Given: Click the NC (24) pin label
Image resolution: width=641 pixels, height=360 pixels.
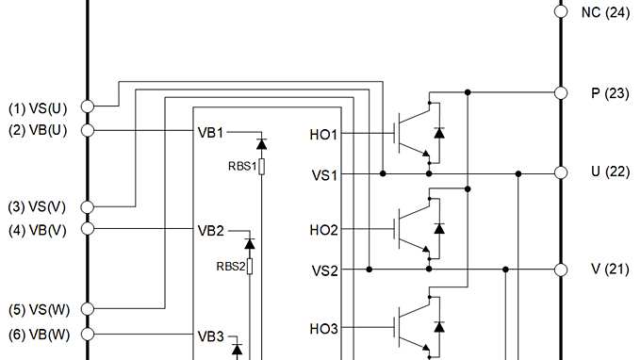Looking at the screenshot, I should tap(604, 12).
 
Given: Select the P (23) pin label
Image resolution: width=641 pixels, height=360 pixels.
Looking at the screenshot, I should tap(603, 92).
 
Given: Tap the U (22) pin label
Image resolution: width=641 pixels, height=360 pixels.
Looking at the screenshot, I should tap(603, 173).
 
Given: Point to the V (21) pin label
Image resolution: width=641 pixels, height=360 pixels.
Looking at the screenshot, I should tap(603, 270).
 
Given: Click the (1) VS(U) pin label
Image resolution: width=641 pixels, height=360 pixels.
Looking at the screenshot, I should tap(38, 107).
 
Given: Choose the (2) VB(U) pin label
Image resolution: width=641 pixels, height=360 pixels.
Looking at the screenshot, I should tap(38, 130).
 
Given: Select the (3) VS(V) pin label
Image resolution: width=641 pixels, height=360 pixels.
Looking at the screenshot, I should tap(38, 206).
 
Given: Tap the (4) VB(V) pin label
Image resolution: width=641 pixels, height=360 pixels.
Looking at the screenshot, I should tap(38, 228).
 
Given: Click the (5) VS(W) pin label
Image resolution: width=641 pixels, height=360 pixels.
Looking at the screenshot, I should tap(38, 309).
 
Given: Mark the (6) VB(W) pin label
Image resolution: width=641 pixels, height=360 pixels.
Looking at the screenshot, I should tap(38, 334).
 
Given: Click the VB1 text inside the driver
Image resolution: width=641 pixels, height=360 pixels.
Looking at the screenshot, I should tap(210, 131).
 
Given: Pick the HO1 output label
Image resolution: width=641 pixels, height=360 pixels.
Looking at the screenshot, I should tap(323, 135).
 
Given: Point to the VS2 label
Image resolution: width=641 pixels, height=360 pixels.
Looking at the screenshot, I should tap(325, 270).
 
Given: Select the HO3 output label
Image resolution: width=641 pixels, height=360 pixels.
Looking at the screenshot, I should tap(323, 329).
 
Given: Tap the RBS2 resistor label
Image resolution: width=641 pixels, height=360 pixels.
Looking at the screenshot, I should tap(230, 266).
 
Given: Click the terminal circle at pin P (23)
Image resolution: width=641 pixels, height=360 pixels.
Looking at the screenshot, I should tap(560, 92).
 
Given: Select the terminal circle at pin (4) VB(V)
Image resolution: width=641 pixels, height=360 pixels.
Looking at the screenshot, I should tap(88, 228).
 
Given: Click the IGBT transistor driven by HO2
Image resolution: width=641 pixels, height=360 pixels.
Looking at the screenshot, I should tap(410, 228).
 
